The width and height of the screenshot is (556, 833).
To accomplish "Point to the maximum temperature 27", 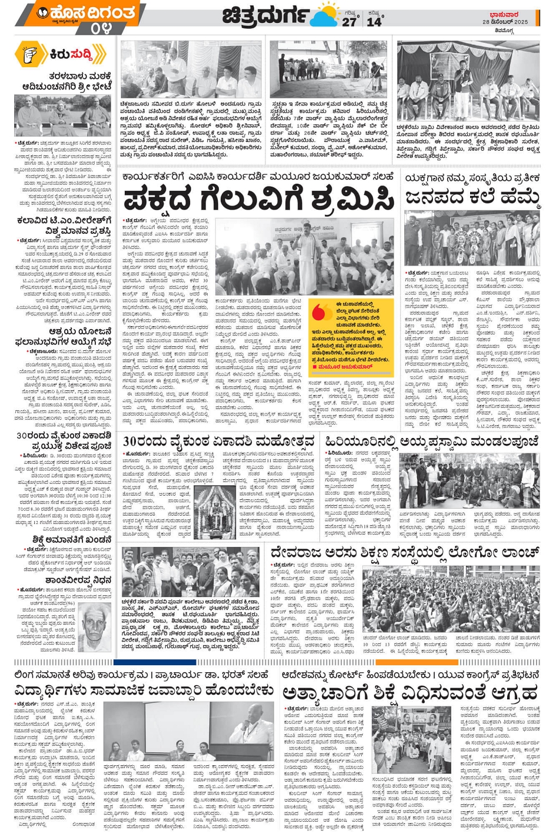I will pyautogui.click(x=349, y=22).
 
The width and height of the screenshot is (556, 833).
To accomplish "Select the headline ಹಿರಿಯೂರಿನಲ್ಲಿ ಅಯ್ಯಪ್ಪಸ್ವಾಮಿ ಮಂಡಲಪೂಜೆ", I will pyautogui.click(x=431, y=442).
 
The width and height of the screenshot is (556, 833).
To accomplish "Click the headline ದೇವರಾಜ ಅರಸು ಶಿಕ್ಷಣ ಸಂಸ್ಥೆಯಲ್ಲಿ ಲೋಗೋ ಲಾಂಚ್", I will pyautogui.click(x=405, y=553).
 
